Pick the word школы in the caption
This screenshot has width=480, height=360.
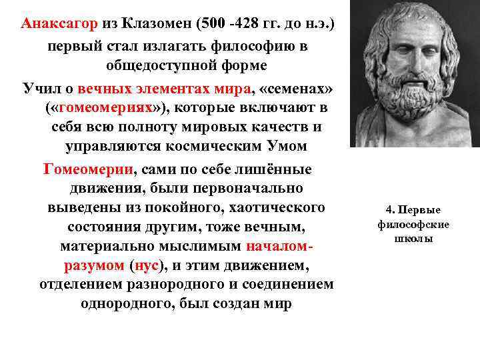[x=413, y=238]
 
